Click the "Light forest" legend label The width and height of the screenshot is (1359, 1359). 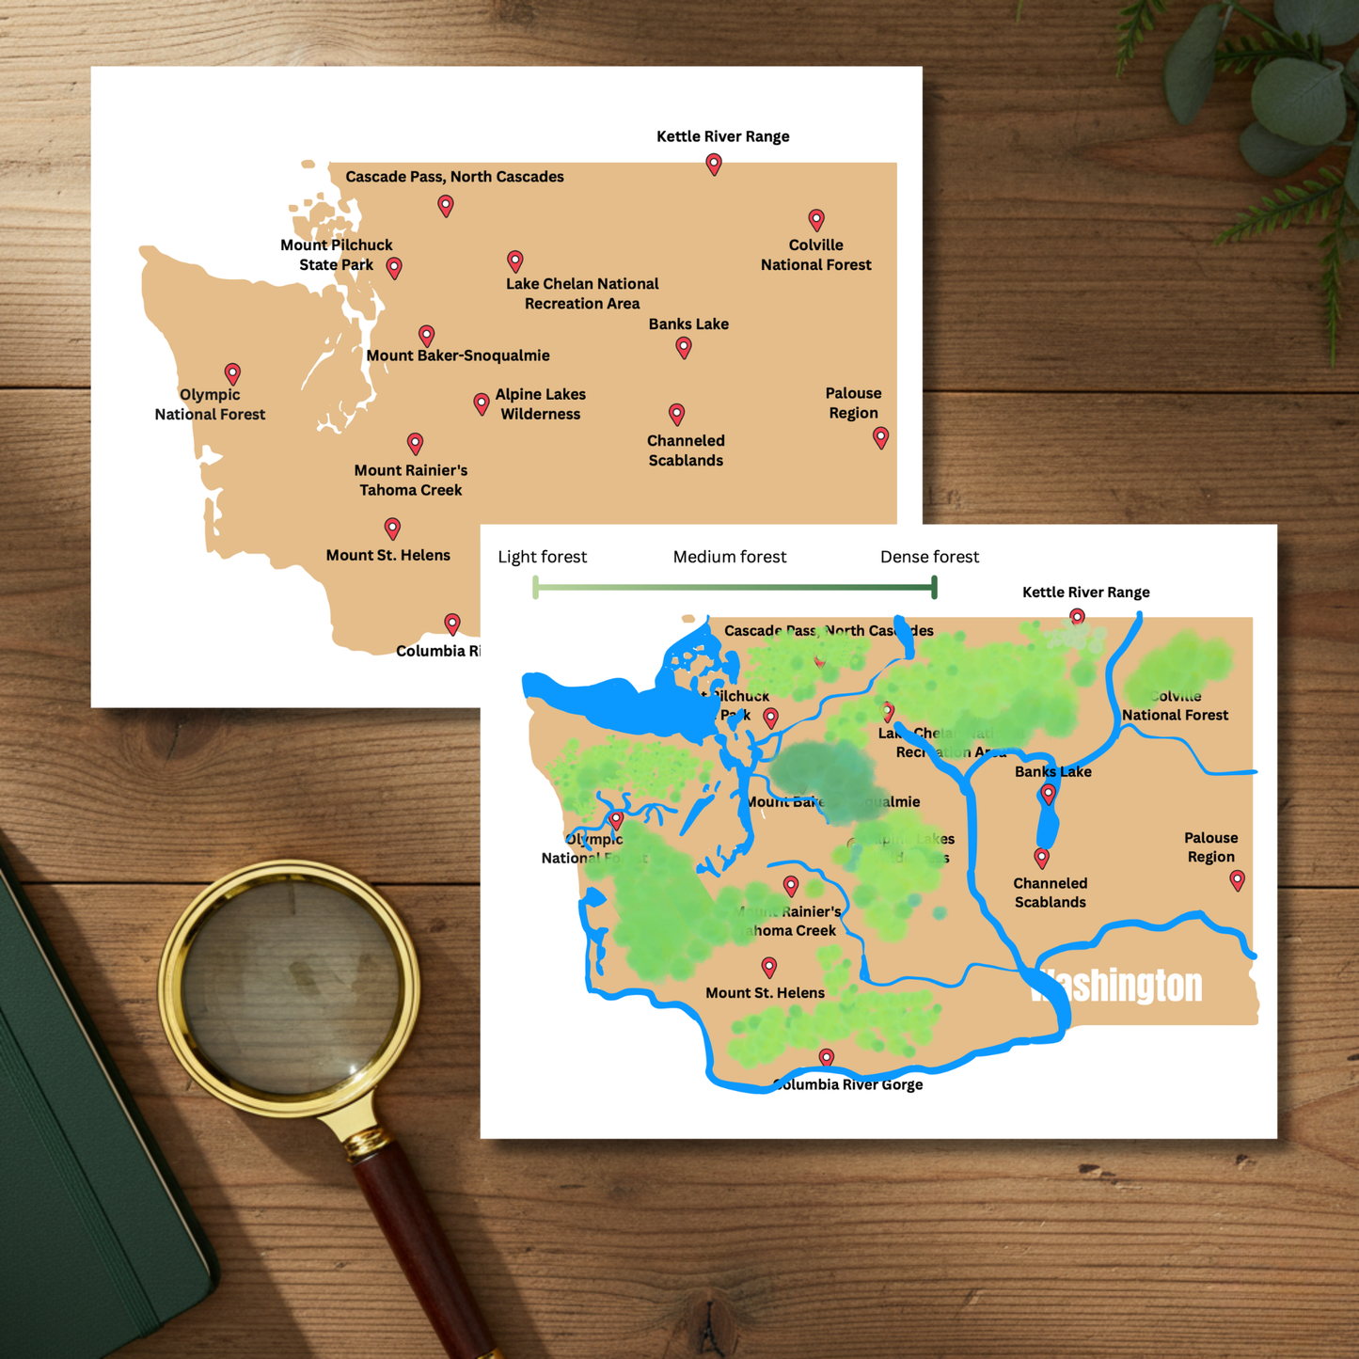(542, 557)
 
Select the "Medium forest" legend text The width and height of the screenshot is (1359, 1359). (730, 557)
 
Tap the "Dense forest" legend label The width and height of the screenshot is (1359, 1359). (929, 557)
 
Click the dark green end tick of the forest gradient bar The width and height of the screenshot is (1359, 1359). (934, 588)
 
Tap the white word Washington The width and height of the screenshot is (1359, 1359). (1117, 986)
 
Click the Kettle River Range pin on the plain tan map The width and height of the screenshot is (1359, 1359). (714, 164)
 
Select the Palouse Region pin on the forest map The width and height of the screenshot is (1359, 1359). (1238, 879)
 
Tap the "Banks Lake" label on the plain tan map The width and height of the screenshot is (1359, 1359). (688, 324)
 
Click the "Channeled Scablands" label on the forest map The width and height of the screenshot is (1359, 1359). (1050, 893)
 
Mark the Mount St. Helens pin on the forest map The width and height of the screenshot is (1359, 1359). (769, 966)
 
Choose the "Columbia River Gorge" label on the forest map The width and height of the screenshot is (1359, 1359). (848, 1084)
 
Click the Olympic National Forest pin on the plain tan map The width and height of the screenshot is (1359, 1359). (232, 373)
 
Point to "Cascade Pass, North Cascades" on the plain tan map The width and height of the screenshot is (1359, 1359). (454, 177)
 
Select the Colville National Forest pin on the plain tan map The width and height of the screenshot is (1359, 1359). (816, 219)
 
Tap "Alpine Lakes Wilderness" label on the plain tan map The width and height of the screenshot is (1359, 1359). (540, 404)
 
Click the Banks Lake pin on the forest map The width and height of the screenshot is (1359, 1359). (1049, 795)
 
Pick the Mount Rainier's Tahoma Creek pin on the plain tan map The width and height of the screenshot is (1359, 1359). (415, 442)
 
